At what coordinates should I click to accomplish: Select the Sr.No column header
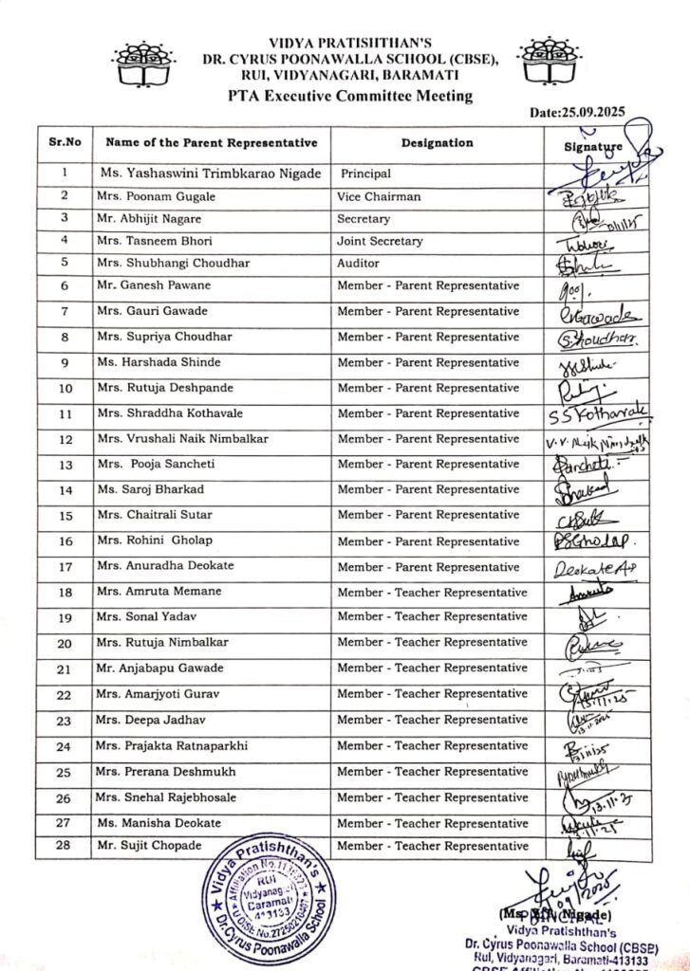[65, 143]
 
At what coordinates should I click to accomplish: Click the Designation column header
[437, 143]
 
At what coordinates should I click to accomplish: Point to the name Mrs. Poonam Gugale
[156, 197]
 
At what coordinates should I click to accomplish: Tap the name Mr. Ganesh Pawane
[154, 285]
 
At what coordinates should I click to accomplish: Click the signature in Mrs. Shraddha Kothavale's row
[598, 412]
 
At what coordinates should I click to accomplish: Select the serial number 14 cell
[65, 490]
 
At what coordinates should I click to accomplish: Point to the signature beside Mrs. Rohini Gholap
[594, 541]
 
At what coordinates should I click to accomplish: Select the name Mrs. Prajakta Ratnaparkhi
[172, 746]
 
